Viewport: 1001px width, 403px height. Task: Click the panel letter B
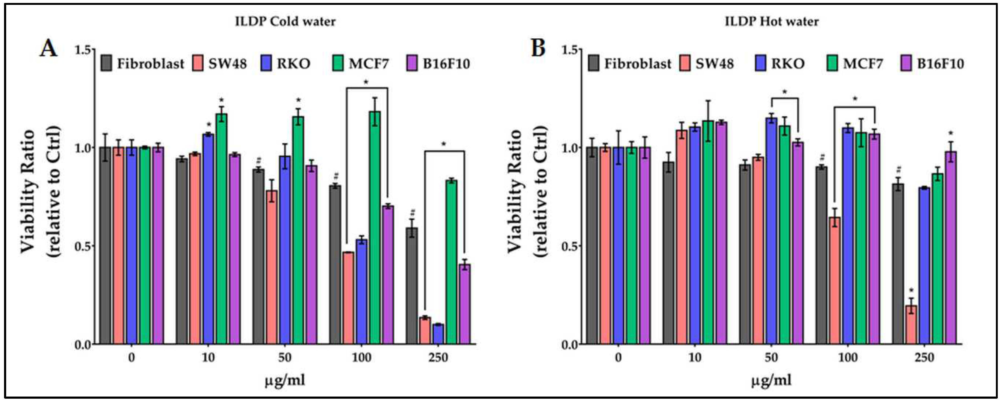click(538, 49)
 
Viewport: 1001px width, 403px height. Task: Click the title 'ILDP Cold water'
click(285, 21)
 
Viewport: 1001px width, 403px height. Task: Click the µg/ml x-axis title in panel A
click(285, 380)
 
